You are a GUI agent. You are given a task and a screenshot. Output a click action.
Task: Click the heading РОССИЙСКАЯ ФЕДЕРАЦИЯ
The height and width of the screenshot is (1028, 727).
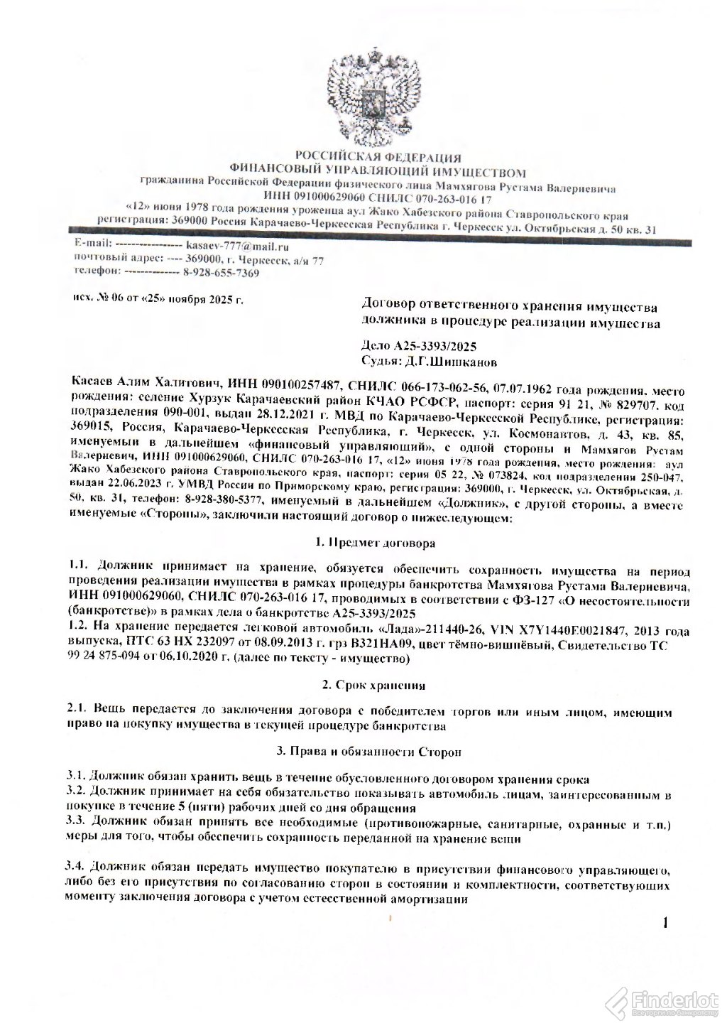[378, 158]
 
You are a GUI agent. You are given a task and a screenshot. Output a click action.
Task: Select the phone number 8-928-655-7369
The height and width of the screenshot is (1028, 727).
[221, 273]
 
